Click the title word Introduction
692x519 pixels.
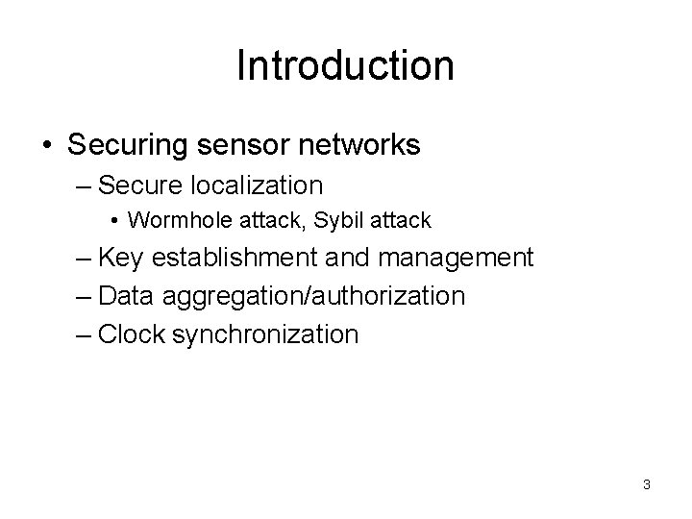pyautogui.click(x=345, y=65)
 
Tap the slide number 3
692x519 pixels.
pyautogui.click(x=647, y=484)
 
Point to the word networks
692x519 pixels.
pyautogui.click(x=361, y=145)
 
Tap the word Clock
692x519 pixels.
pyautogui.click(x=129, y=334)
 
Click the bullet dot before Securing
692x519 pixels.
pyautogui.click(x=47, y=146)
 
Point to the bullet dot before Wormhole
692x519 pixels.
pyautogui.click(x=114, y=221)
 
